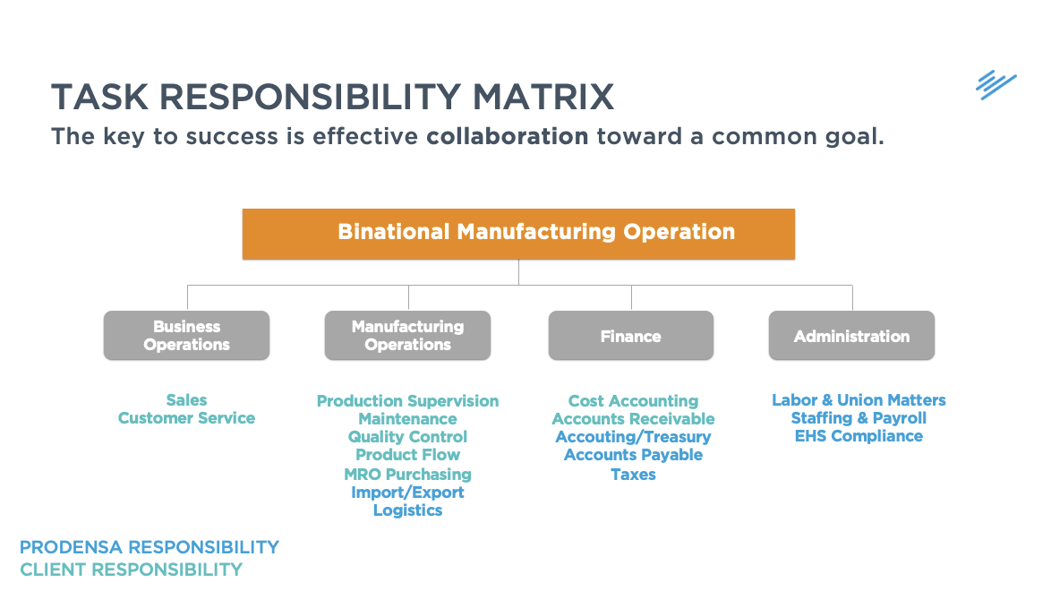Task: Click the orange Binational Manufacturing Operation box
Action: point(518,234)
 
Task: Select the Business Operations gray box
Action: point(186,336)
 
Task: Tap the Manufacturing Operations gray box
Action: point(407,336)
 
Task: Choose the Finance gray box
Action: point(630,336)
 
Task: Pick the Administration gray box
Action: point(851,336)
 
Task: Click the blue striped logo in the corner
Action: point(995,85)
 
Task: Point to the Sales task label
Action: point(186,400)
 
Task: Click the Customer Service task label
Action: point(186,418)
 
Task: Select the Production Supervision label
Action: point(407,401)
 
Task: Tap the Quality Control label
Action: point(407,437)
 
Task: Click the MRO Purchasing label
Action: point(407,475)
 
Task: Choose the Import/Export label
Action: point(407,492)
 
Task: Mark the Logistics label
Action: point(407,510)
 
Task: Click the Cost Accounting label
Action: point(633,401)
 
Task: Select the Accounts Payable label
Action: point(633,455)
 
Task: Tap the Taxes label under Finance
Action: point(633,475)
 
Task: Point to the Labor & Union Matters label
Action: point(859,400)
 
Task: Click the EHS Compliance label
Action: point(859,436)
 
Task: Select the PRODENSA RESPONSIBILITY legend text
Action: point(150,547)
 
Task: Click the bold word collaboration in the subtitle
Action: point(508,137)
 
